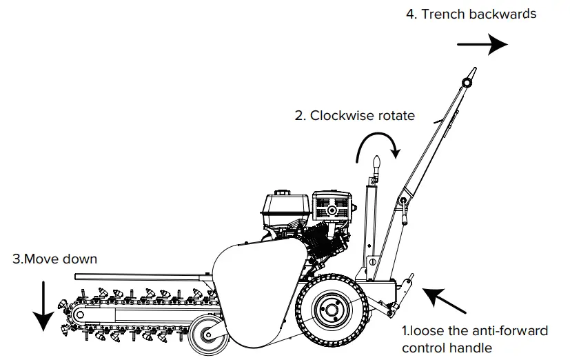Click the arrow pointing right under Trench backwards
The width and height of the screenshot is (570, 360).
(x=482, y=44)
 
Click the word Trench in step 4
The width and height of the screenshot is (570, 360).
(x=441, y=14)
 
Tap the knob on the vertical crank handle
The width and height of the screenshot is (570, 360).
(x=376, y=164)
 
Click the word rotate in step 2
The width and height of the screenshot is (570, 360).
(x=396, y=115)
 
